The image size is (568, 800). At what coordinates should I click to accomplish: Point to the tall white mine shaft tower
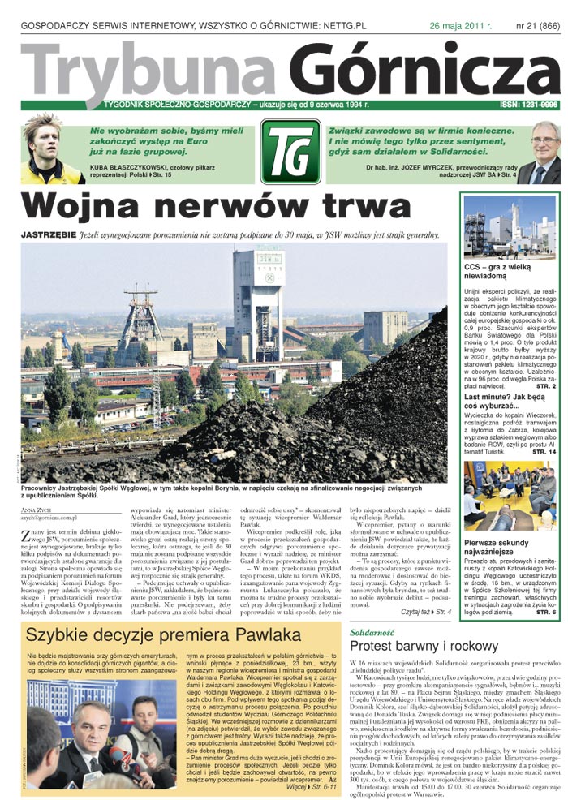[257, 300]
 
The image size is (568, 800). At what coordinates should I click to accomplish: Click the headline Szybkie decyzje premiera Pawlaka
[162, 634]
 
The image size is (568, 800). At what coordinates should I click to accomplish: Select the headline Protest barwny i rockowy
[417, 646]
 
